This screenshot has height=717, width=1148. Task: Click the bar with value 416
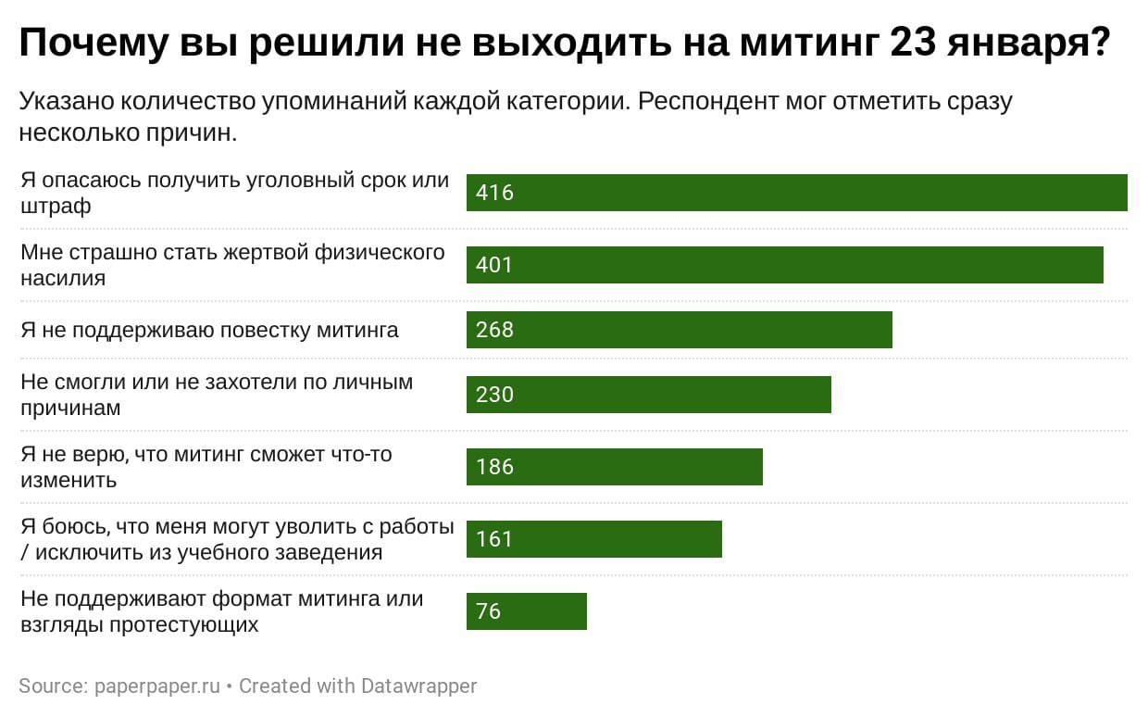[796, 193]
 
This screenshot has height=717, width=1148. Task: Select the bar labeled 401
[785, 265]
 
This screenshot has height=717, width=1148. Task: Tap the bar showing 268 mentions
[679, 330]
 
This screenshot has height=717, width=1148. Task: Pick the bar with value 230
[648, 395]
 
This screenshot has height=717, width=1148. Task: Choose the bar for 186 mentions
[614, 467]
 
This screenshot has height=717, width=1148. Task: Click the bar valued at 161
[593, 539]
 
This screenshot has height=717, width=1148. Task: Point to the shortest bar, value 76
[526, 611]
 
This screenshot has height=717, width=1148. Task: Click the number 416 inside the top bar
[494, 193]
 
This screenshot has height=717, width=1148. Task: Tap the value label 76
[488, 611]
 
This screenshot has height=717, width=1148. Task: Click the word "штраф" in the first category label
[56, 207]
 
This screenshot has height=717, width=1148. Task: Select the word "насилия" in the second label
[62, 278]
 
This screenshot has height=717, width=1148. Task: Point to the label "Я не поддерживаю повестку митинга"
[209, 330]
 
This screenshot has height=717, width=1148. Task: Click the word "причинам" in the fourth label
[70, 408]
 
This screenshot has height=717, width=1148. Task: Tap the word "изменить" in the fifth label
[69, 480]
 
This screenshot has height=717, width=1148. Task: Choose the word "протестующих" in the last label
[182, 624]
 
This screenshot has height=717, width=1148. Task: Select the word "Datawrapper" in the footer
[418, 686]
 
